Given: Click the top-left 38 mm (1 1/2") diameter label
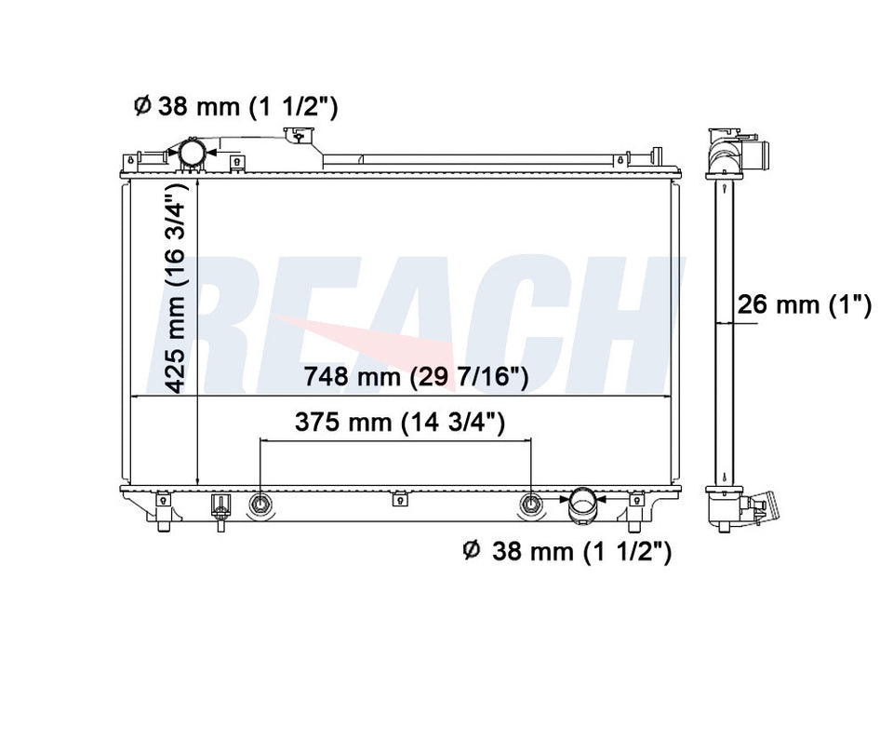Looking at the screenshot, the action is (235, 107).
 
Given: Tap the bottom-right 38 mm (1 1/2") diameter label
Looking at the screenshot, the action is (567, 551).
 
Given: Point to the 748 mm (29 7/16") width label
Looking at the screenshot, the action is (417, 377).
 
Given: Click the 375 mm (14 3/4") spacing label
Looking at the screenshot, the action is (400, 423).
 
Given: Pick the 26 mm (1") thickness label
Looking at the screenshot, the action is (804, 305).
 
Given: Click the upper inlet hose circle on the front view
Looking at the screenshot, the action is (192, 152).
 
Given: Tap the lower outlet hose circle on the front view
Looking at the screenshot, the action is (582, 502).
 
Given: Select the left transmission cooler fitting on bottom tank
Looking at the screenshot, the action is (260, 504).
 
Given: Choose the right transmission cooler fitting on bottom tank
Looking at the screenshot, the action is (531, 504).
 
